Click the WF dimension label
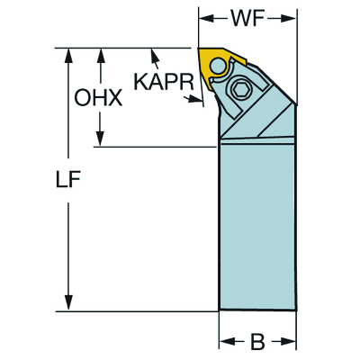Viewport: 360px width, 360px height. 247,19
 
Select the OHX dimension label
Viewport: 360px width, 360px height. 98,97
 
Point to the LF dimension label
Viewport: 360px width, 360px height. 68,180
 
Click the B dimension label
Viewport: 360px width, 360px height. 257,341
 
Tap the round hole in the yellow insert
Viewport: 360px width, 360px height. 217,66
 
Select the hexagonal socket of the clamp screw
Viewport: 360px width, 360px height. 242,89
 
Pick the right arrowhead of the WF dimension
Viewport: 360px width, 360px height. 289,19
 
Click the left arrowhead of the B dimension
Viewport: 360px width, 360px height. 228,341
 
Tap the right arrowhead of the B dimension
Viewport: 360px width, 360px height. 288,341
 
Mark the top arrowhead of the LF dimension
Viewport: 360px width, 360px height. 68,56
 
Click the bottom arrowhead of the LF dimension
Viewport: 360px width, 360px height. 68,303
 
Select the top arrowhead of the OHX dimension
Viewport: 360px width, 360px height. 100,56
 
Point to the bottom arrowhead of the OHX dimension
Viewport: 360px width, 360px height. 100,139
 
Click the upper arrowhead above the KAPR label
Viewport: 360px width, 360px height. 154,56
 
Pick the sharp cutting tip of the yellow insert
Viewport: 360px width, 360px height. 198,49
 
